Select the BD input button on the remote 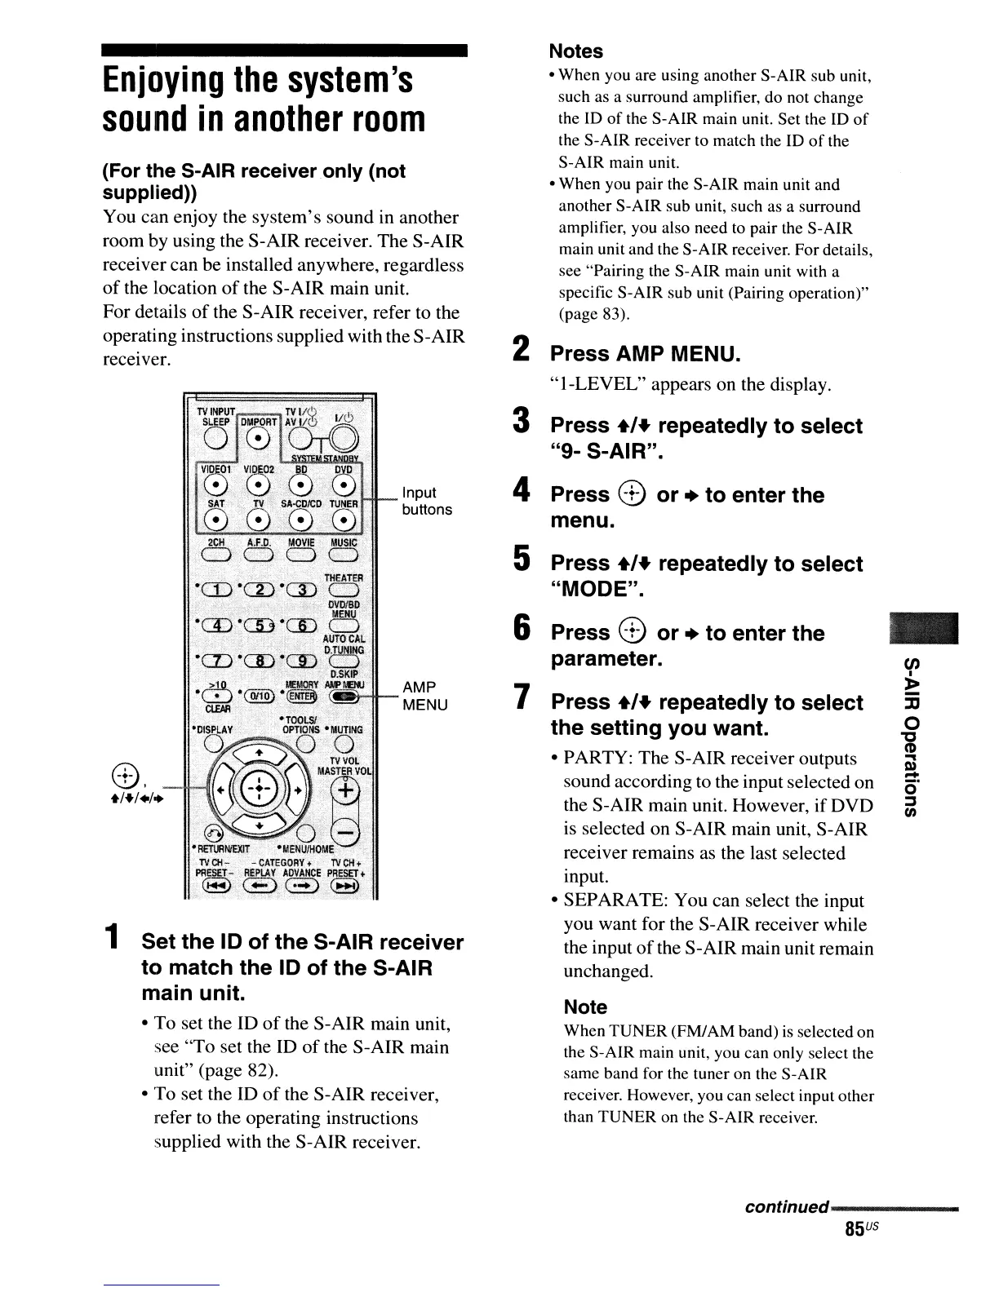[x=301, y=487]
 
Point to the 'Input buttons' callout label [x=426, y=501]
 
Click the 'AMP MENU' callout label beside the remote [x=424, y=695]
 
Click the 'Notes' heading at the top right [x=575, y=51]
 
